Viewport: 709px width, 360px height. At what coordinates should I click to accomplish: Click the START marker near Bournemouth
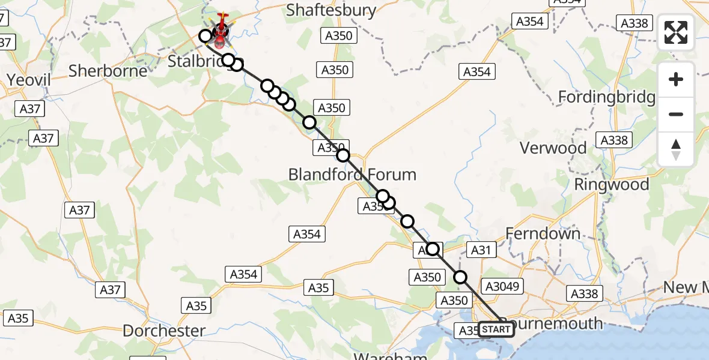(x=496, y=329)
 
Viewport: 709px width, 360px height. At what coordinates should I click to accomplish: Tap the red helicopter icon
(x=221, y=27)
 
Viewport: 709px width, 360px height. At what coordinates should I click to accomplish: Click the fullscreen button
(x=676, y=32)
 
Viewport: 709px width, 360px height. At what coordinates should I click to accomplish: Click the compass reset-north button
(x=676, y=149)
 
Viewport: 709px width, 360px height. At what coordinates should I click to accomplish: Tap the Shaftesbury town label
(x=331, y=10)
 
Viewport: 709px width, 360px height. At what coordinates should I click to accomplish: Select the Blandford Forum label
(x=352, y=175)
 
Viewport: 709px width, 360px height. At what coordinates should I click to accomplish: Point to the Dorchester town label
(x=164, y=331)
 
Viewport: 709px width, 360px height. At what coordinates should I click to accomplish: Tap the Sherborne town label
(x=108, y=71)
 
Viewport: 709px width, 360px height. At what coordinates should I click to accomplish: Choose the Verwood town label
(x=553, y=148)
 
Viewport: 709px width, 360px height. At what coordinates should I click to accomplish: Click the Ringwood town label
(x=612, y=184)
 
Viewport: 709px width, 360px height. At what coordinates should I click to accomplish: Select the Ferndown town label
(x=543, y=233)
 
